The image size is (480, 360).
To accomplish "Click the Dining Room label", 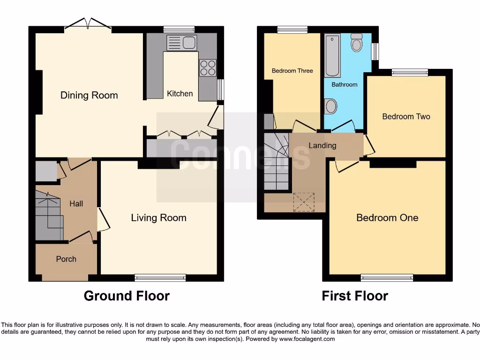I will coord(89,95).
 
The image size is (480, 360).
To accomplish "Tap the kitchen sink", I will coord(182,43).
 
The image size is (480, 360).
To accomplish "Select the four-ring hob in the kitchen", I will coord(208,68).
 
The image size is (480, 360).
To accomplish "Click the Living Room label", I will coord(158,217).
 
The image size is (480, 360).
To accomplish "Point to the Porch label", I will coord(66,259).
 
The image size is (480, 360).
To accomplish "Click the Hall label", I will coord(76,203).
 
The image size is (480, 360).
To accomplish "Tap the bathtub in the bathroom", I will coord(332,55).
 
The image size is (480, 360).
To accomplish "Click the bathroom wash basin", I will coord(330,106).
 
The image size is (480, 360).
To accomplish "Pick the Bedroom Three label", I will coord(292,71).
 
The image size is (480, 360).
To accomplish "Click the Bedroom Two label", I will coord(406,116).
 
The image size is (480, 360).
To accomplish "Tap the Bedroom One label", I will coord(387,217).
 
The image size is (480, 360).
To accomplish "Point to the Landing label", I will coord(322,145).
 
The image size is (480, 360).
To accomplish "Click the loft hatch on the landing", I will coord(302,202).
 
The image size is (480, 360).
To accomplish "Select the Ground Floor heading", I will coord(127,296).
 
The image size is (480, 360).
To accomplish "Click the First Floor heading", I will coord(355,296).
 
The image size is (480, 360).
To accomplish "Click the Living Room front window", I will coord(160,277).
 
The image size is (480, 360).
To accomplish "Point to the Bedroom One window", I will coord(387,277).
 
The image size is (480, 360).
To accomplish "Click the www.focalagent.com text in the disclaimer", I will coord(307,339).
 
